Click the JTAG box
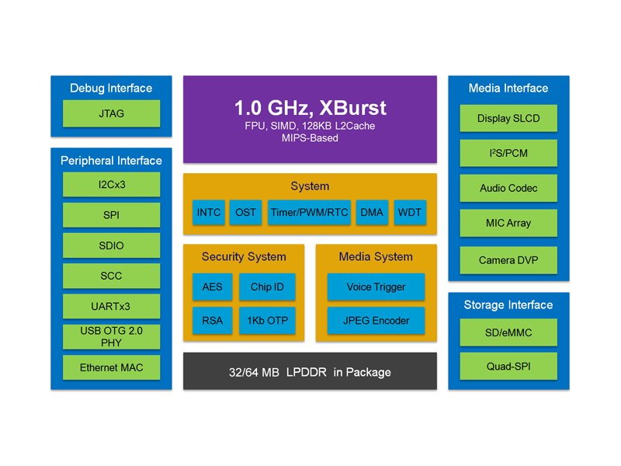point(111,113)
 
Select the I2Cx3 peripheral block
point(111,184)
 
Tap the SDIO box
point(111,245)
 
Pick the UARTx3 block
point(111,306)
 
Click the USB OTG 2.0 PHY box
point(111,337)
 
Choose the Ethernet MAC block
point(111,367)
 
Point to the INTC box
point(209,212)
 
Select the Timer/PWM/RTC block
point(309,212)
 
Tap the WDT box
point(410,212)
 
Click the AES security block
point(212,287)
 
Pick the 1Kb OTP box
point(267,320)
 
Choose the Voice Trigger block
point(376,287)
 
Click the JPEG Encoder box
point(376,320)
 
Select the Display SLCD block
point(508,118)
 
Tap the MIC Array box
point(508,223)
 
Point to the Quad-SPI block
point(508,366)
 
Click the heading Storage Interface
point(508,304)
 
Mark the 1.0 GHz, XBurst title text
point(310,108)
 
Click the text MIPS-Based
point(310,138)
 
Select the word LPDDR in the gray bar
point(307,372)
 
